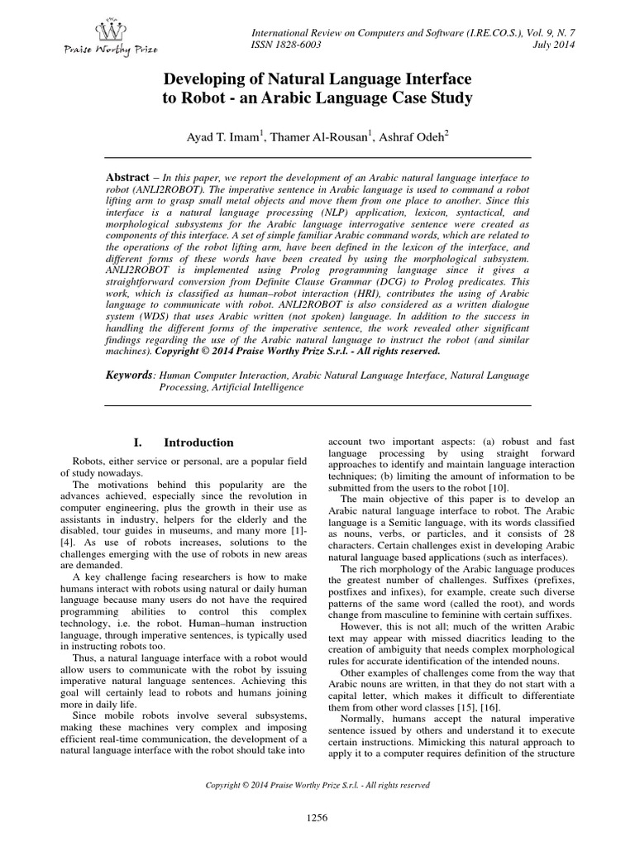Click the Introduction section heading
pos(198,443)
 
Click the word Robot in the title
pos(210,99)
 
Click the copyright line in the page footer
pos(318,784)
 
